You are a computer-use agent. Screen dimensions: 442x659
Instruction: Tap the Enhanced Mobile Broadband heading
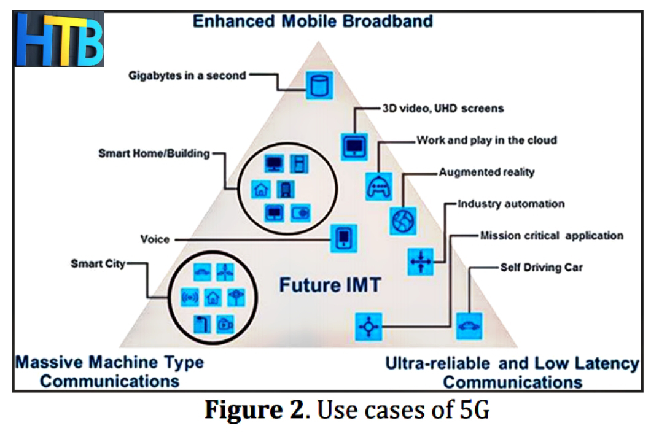coord(313,21)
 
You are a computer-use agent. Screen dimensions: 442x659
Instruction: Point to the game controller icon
coord(379,187)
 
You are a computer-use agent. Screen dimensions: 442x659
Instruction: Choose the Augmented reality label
coord(486,172)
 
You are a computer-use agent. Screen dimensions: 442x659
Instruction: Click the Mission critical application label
coord(552,235)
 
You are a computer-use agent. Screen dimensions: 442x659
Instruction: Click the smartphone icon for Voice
coord(344,237)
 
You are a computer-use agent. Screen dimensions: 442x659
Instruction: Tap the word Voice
coord(154,239)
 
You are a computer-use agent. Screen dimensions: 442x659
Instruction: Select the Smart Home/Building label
coord(154,153)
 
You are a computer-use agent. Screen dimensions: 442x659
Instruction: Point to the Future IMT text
coord(330,285)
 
